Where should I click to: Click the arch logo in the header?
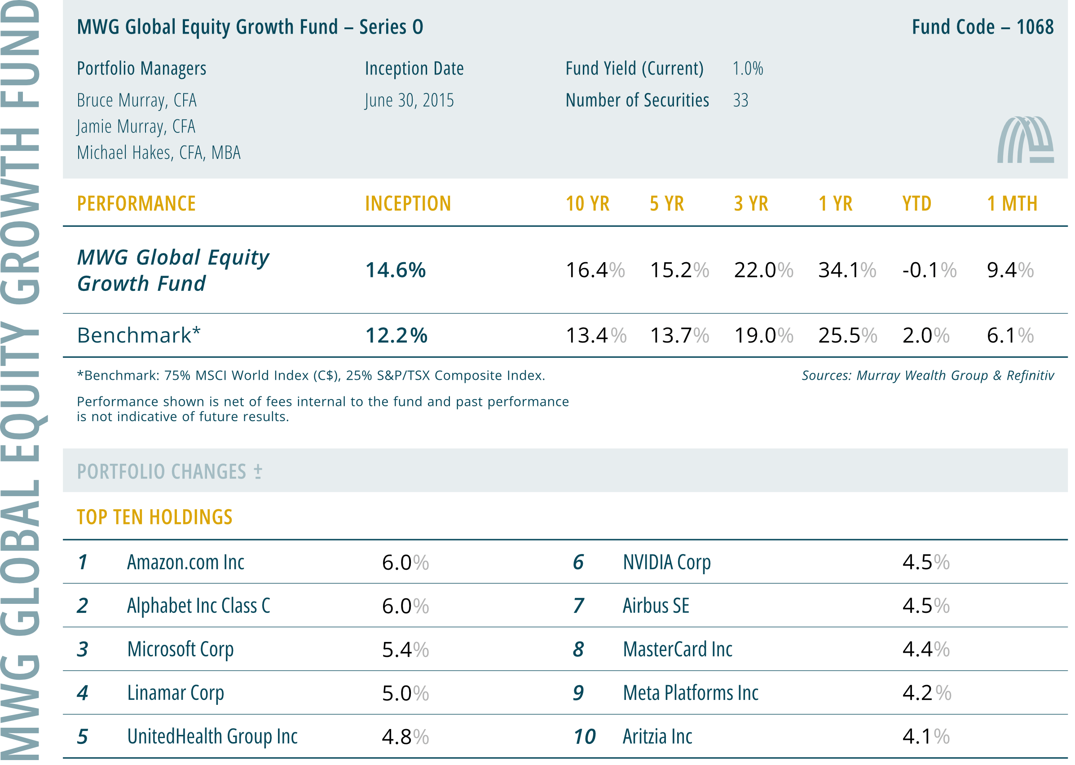(x=1025, y=140)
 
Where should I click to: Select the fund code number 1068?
(x=1035, y=27)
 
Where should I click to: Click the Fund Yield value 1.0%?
(x=748, y=69)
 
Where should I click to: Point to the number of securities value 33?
(x=740, y=100)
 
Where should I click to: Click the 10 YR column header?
(x=587, y=204)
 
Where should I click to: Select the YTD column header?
(x=917, y=204)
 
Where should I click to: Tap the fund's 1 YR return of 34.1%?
(x=847, y=270)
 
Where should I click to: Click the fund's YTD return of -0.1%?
(x=930, y=270)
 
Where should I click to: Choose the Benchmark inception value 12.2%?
(x=396, y=336)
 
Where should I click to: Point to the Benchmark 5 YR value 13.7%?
(x=679, y=336)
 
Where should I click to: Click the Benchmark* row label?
(x=139, y=335)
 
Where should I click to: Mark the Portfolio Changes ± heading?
(x=170, y=471)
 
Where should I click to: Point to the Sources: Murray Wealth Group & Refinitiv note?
(x=928, y=375)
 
